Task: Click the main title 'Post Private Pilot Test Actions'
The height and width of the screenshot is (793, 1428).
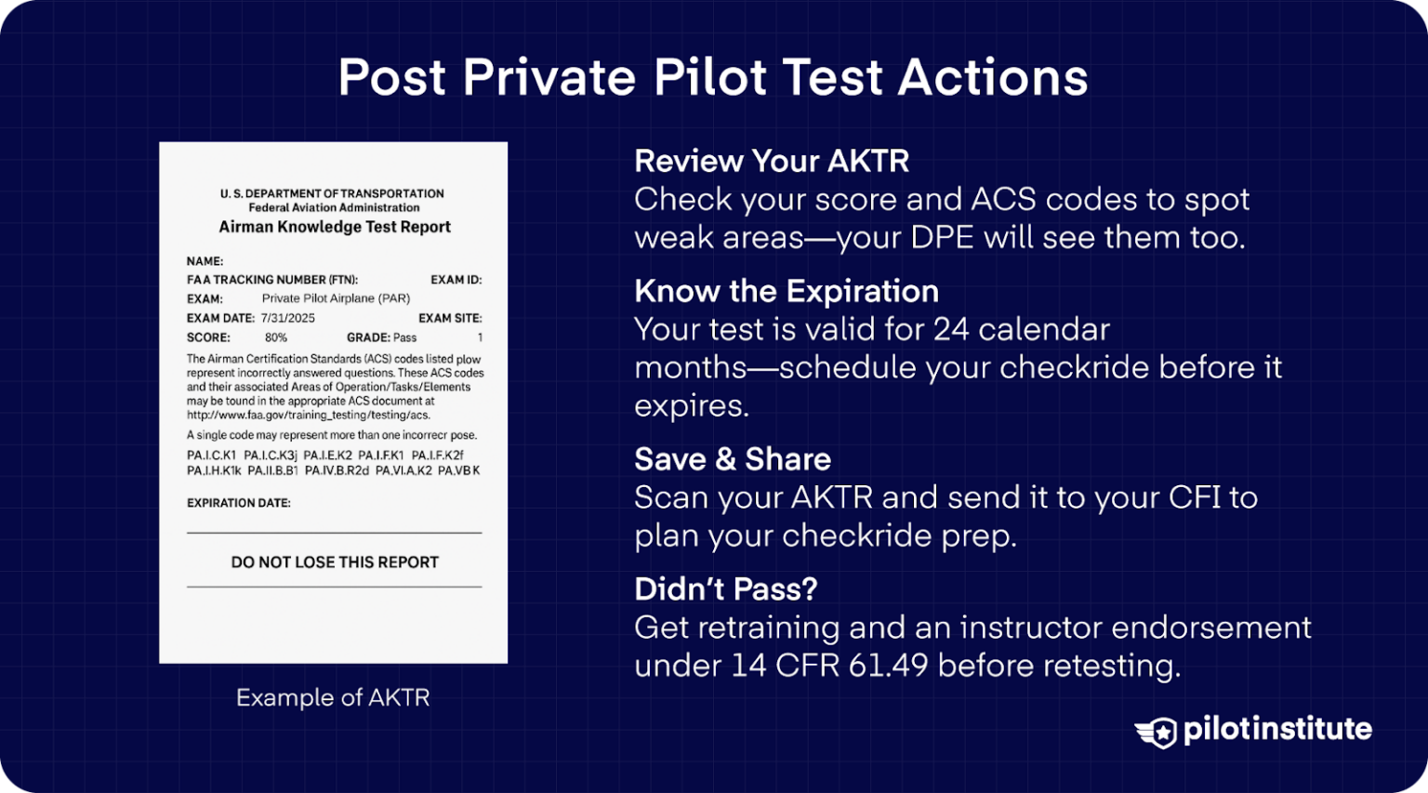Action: (713, 77)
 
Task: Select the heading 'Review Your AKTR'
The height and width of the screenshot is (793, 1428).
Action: (772, 161)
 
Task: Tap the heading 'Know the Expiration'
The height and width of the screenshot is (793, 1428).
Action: (787, 291)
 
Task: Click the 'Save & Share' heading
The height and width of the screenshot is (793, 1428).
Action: (733, 459)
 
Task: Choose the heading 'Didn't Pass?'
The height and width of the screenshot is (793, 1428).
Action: (726, 589)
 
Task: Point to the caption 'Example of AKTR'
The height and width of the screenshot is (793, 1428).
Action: (333, 697)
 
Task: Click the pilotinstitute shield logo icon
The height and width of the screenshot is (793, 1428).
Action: (1156, 732)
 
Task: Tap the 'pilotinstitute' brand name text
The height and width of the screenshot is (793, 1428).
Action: (1277, 729)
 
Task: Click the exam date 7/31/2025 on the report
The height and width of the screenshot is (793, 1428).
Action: (288, 318)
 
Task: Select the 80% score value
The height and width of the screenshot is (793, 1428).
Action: (276, 337)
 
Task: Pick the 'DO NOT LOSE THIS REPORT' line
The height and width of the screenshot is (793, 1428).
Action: (335, 562)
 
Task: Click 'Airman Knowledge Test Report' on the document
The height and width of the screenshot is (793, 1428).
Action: (335, 227)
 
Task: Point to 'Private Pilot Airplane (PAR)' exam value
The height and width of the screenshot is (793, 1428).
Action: (336, 298)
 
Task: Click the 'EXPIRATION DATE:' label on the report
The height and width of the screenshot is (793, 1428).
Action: (239, 503)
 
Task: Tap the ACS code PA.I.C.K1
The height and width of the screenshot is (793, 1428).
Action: (212, 456)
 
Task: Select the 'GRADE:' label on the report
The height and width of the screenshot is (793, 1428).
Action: (368, 337)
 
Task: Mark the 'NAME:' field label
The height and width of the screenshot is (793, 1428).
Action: (205, 261)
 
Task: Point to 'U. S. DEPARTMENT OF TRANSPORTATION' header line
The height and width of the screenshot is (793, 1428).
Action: (332, 193)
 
